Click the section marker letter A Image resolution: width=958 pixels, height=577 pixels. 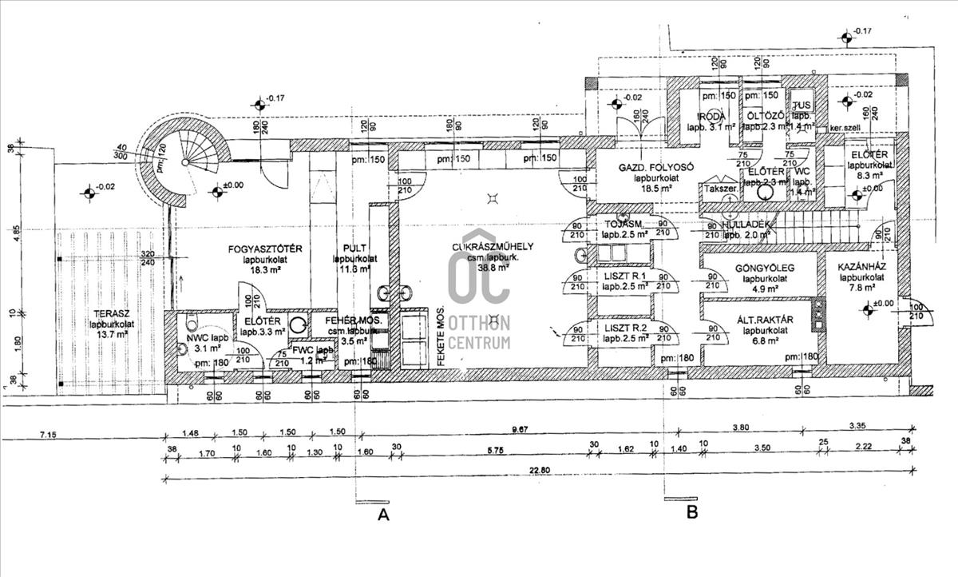(x=383, y=515)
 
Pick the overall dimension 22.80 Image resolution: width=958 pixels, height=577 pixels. (x=539, y=471)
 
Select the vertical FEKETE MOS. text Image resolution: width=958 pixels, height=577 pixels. (x=441, y=336)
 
